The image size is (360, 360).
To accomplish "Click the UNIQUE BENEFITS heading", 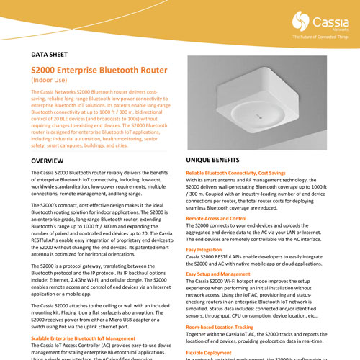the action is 219,161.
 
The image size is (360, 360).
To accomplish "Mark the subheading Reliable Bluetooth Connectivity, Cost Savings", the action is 242,174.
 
